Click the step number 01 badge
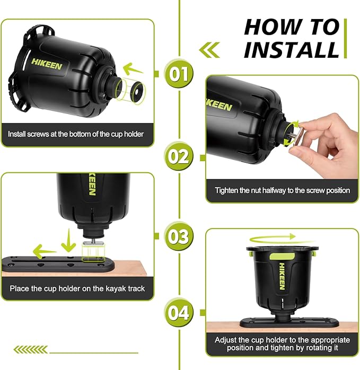[179, 74]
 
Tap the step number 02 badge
[179, 156]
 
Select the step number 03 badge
[179, 236]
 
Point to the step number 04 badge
[179, 313]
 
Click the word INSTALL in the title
[292, 49]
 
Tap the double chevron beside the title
[209, 50]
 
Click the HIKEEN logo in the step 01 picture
[47, 64]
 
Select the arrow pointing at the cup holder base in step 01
[133, 69]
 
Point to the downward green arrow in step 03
[68, 240]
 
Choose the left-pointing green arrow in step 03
[45, 251]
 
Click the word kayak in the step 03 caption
[116, 288]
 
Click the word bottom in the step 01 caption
[79, 134]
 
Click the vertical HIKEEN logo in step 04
[282, 276]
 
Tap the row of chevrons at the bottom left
[31, 349]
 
